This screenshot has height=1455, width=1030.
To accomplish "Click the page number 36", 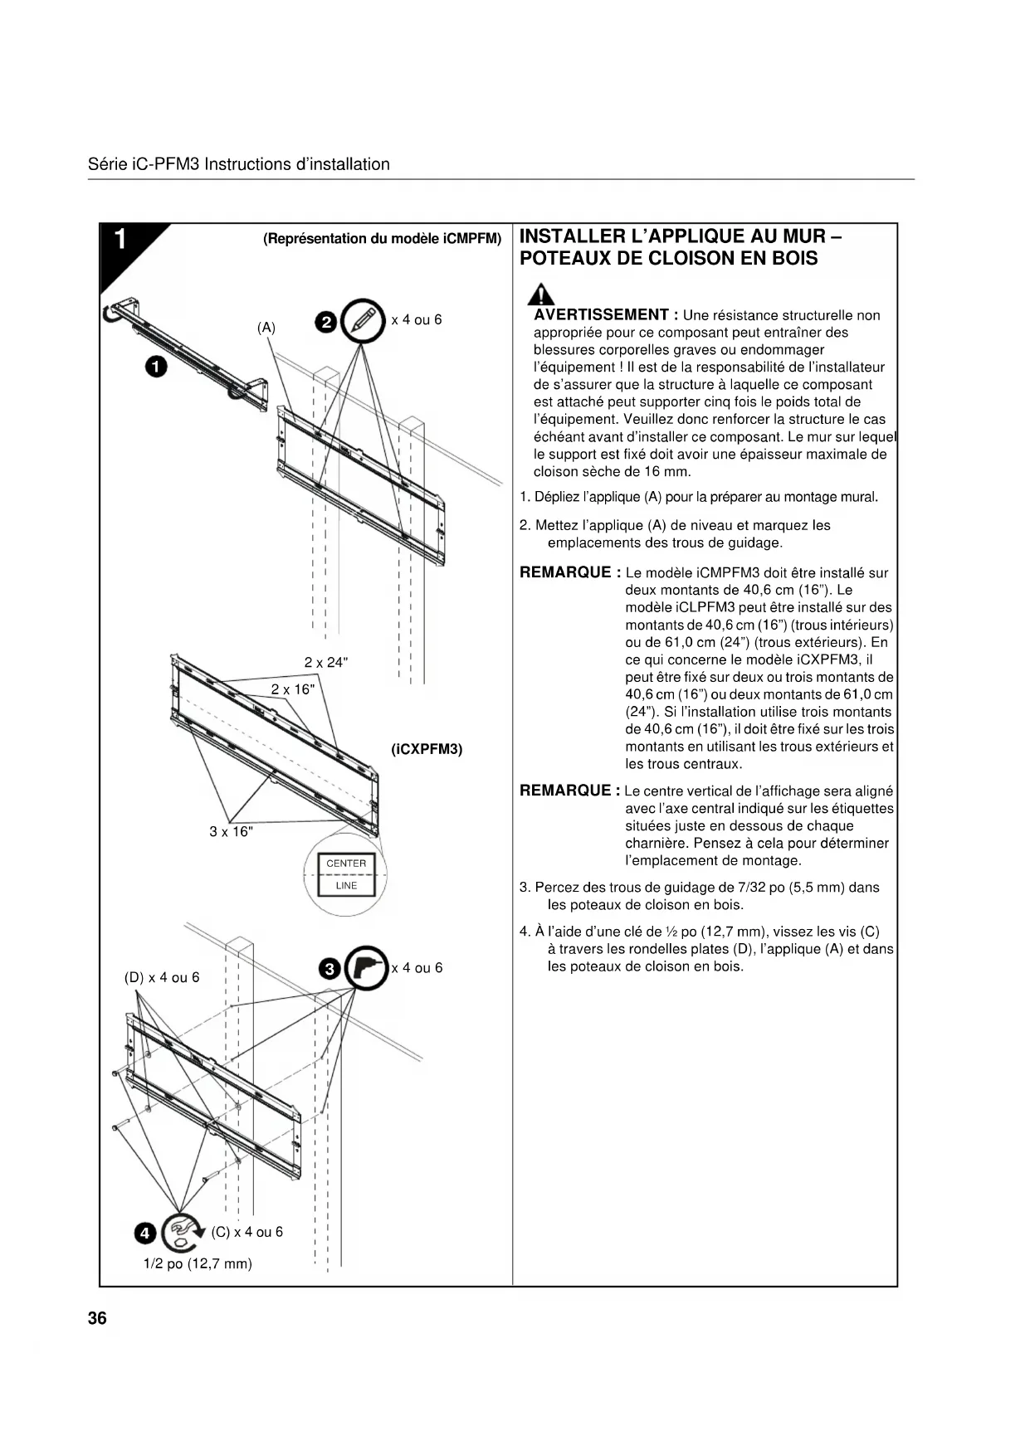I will [97, 1318].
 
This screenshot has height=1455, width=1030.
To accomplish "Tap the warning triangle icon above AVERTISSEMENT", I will [543, 294].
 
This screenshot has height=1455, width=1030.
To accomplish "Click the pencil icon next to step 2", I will [364, 320].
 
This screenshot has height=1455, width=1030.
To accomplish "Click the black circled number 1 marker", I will [155, 366].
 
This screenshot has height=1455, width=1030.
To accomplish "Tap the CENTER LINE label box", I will [346, 874].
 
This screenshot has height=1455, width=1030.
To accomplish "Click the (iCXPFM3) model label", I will [427, 749].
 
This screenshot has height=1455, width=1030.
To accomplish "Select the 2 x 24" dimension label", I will [326, 662].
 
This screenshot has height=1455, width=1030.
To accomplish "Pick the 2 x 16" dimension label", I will [293, 689].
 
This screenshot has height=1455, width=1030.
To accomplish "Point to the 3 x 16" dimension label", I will [231, 831].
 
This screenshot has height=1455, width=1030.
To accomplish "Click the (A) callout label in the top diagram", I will [266, 328].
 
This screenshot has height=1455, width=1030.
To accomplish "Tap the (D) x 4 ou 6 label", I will [162, 977].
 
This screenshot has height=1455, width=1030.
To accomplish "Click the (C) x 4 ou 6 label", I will [247, 1232].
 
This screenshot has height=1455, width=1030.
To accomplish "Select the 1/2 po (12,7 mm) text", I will [198, 1263].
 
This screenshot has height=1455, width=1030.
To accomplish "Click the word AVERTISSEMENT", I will [601, 315].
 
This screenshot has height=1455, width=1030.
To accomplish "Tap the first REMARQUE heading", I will [569, 572].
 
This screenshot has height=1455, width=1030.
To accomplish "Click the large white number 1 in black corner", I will [120, 240].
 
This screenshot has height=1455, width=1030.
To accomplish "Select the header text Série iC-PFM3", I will [144, 164].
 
